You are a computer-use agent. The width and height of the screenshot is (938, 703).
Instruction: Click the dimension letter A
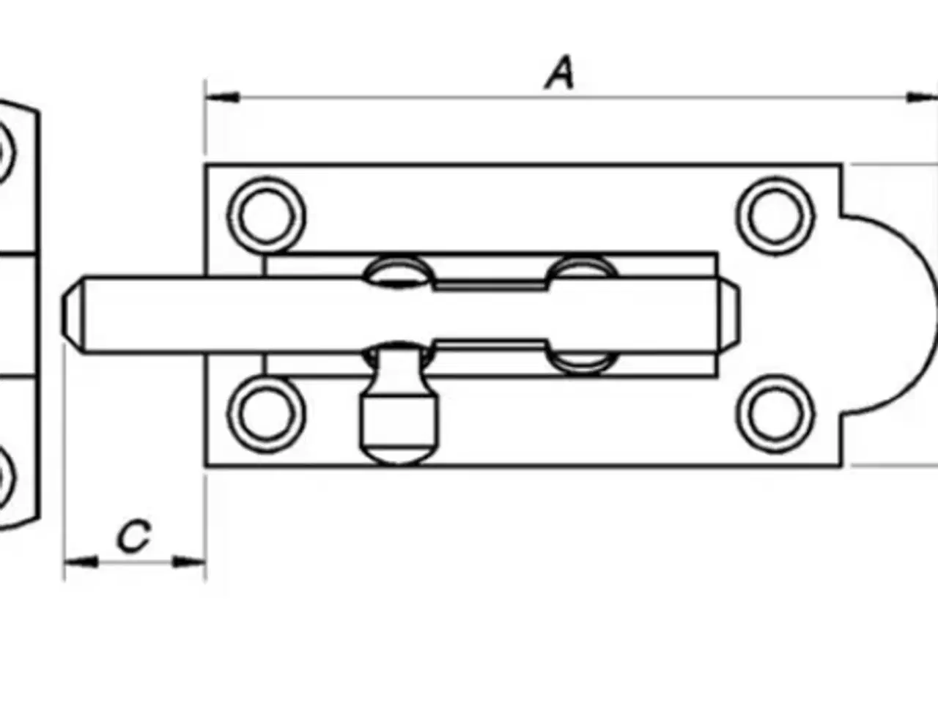(561, 72)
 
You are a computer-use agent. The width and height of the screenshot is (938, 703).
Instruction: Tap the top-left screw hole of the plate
(266, 215)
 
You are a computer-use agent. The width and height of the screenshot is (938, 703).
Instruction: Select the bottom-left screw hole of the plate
(266, 414)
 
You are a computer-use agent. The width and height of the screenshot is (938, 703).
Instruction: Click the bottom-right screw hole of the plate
(775, 414)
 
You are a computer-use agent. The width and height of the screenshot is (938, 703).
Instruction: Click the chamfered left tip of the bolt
(73, 316)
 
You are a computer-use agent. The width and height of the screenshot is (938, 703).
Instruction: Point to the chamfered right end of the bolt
(729, 316)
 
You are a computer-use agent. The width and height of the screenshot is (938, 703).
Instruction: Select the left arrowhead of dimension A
(222, 97)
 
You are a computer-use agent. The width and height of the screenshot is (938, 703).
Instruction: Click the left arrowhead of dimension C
(81, 562)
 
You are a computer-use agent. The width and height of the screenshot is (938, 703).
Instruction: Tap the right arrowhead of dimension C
(189, 562)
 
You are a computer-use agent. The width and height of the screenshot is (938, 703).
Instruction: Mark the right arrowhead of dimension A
(922, 97)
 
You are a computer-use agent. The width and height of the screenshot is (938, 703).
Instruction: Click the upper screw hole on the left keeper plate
(4, 152)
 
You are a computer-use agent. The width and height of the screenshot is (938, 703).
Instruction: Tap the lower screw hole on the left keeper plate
(4, 476)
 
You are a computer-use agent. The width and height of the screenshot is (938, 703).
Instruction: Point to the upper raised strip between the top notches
(490, 285)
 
